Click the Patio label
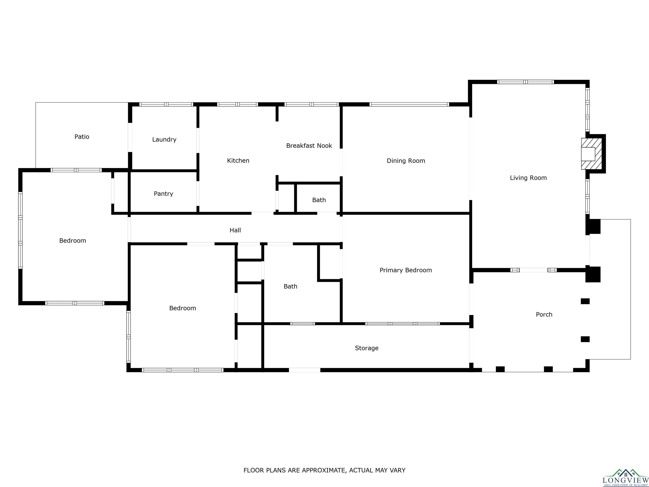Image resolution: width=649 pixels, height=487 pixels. coord(82,137)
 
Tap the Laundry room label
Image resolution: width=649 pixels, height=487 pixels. coord(164,140)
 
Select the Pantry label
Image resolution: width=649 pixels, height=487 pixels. coord(164,194)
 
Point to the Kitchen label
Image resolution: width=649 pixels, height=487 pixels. coord(238,161)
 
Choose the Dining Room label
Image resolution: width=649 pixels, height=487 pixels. coord(406,161)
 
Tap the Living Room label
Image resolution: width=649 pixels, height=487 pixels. coord(528,178)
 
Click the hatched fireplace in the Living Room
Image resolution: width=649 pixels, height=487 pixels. coord(592,154)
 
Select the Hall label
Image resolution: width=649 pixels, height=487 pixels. coord(235,230)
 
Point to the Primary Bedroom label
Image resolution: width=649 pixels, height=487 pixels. coord(406,270)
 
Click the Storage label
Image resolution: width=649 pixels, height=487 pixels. coord(367,348)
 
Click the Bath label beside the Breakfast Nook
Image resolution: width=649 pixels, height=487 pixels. coord(319,200)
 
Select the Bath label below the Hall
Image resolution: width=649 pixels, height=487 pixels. coord(290,286)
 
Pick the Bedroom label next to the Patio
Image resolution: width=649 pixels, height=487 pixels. coord(73,241)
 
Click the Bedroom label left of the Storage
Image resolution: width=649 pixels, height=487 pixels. coord(183,308)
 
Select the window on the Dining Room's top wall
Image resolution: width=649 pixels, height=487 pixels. coord(409,104)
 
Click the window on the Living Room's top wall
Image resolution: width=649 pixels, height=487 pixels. coord(525,82)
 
